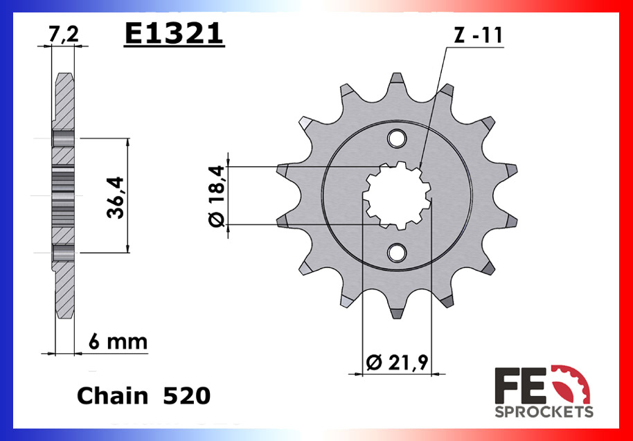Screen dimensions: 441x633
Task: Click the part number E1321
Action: (x=174, y=33)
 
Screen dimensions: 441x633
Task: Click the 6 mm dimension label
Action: (x=117, y=341)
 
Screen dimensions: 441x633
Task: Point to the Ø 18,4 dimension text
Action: (x=216, y=196)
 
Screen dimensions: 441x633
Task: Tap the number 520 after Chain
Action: (x=186, y=396)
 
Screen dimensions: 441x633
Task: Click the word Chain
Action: (x=112, y=396)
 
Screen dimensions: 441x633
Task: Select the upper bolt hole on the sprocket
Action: (x=397, y=139)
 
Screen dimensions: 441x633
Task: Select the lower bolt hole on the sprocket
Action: (x=397, y=253)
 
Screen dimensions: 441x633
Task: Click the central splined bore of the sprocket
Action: (x=397, y=196)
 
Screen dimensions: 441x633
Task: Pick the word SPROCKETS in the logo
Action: (x=544, y=412)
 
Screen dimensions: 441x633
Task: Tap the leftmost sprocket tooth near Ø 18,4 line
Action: (x=285, y=170)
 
